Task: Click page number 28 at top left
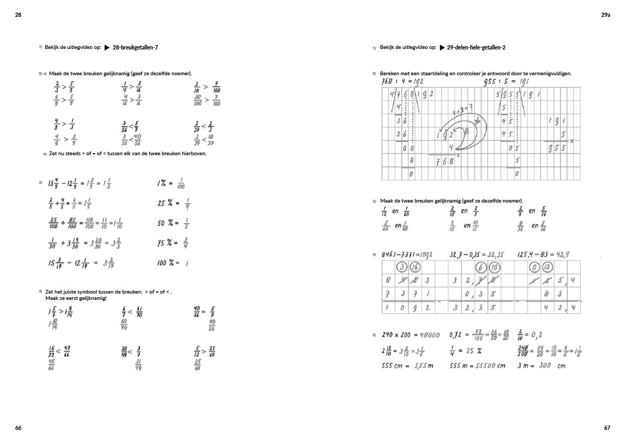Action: (x=18, y=15)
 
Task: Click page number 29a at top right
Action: (x=606, y=15)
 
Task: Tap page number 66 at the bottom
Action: (x=18, y=428)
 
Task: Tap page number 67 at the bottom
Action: (x=607, y=428)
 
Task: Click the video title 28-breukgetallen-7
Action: (x=136, y=47)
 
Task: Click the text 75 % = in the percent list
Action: (x=168, y=243)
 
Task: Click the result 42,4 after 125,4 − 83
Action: (x=561, y=255)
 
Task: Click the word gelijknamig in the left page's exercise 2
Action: (x=116, y=73)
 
